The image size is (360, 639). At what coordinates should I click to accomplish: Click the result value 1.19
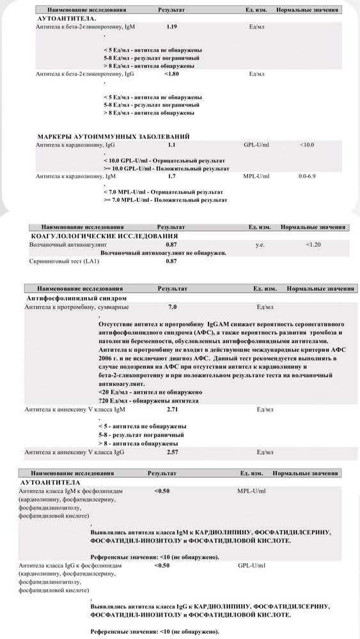tap(171, 28)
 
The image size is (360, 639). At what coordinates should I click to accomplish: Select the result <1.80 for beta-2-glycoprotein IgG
tap(171, 74)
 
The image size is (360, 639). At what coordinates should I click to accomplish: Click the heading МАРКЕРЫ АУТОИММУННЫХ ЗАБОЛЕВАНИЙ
tap(113, 137)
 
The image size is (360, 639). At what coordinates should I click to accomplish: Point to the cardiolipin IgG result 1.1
tap(171, 145)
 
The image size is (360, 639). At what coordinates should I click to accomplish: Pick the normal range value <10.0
tap(307, 145)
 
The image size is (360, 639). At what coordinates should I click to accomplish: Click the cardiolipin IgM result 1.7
tap(171, 174)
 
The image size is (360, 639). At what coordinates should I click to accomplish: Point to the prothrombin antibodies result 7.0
tap(172, 307)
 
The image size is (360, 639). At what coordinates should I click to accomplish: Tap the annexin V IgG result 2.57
tap(172, 452)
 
